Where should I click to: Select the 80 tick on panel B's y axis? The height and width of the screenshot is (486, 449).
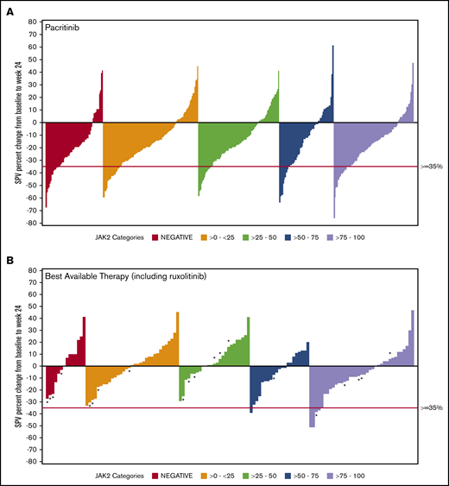pos(33,271)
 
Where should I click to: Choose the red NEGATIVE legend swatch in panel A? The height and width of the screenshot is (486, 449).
pos(155,237)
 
